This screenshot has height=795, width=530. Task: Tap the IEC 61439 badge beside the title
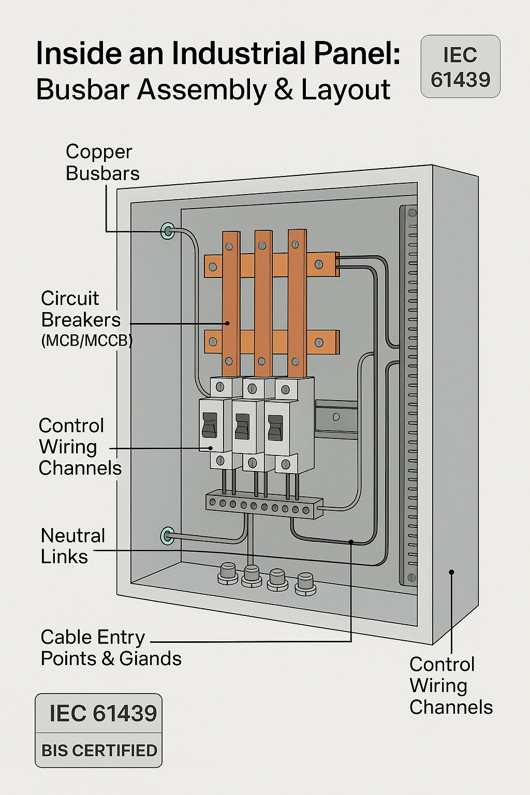pyautogui.click(x=460, y=67)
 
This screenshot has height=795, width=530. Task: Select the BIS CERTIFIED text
pyautogui.click(x=99, y=750)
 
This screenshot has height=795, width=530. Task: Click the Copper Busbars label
pyautogui.click(x=102, y=163)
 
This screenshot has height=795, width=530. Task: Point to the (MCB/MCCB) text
pyautogui.click(x=86, y=341)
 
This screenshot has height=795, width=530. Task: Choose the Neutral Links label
pyautogui.click(x=72, y=546)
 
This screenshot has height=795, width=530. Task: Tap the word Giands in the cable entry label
pyautogui.click(x=150, y=658)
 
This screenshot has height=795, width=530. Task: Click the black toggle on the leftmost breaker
pyautogui.click(x=209, y=425)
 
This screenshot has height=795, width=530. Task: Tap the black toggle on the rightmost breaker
pyautogui.click(x=275, y=428)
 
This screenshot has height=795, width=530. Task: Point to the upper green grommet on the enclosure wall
pyautogui.click(x=167, y=231)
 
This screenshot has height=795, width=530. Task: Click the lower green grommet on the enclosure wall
pyautogui.click(x=167, y=536)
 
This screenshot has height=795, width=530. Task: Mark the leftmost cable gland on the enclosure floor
pyautogui.click(x=227, y=573)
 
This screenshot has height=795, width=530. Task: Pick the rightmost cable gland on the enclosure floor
pyautogui.click(x=305, y=584)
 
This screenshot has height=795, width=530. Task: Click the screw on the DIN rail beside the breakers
pyautogui.click(x=336, y=417)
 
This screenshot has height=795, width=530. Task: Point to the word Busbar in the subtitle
pyautogui.click(x=82, y=90)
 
